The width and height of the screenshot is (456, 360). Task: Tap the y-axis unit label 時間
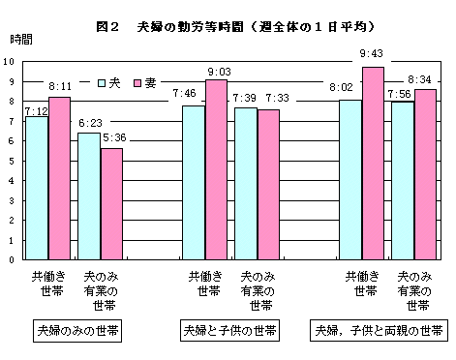pos(20,41)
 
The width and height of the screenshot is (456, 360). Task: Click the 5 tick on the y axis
pos(11,160)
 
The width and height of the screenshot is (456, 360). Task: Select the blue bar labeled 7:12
pos(37,188)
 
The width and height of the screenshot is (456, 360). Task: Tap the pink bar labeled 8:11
pos(60,178)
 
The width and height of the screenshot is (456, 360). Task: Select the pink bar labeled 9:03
pos(216,169)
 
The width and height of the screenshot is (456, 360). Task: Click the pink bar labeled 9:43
pos(373,163)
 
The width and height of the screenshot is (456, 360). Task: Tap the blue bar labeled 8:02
pos(350,179)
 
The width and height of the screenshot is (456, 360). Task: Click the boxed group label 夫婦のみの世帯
pos(78,331)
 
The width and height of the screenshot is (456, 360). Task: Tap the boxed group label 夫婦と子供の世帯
pos(229,331)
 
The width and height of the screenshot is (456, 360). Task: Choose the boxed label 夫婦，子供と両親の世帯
pos(379,331)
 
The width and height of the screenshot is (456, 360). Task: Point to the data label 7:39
pos(245,100)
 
